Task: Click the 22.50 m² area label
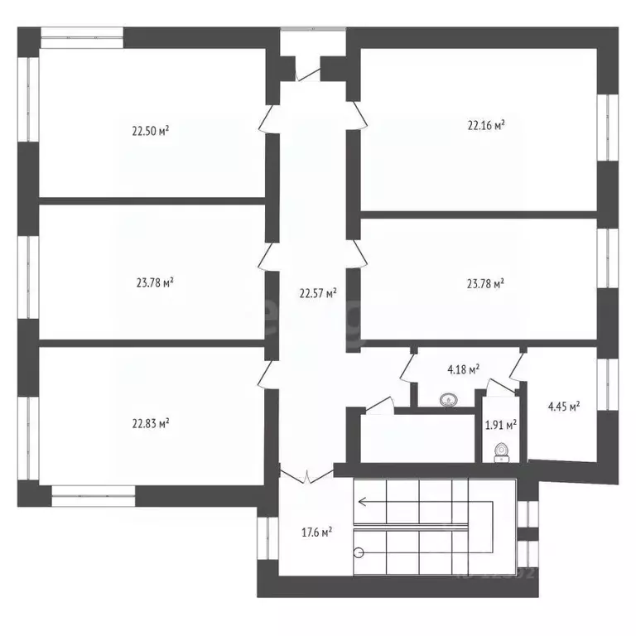point(150,130)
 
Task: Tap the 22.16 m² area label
point(486,126)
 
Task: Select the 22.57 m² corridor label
point(318,292)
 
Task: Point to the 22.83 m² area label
point(150,422)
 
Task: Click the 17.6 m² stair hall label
point(316,532)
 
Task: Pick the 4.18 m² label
point(463,371)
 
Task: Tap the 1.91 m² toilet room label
point(500,426)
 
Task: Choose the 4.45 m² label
point(563,406)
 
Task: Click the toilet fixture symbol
point(500,450)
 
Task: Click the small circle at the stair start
point(358,552)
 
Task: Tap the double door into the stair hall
point(307,477)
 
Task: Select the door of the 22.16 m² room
point(356,116)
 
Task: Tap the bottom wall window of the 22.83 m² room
point(93,497)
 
